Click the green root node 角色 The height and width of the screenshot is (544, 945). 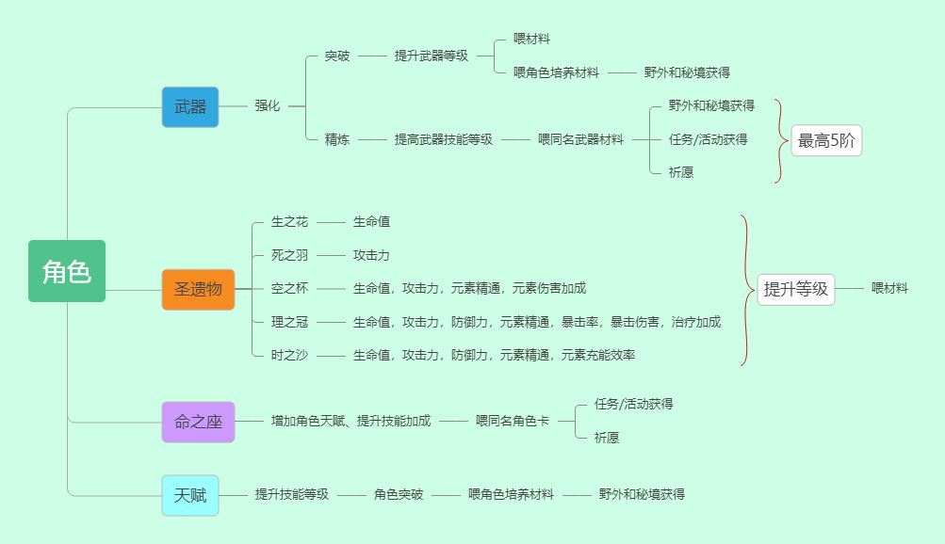pos(66,271)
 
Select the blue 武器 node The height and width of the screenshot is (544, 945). pos(189,106)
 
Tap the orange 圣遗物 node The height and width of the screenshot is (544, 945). pos(197,289)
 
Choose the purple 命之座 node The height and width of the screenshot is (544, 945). pos(198,422)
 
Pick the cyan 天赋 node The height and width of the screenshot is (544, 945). pos(189,494)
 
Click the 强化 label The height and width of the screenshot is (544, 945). pos(267,106)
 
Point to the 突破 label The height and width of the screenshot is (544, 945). pos(337,56)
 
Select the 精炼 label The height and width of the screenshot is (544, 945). pos(337,139)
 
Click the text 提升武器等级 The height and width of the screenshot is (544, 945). pos(431,56)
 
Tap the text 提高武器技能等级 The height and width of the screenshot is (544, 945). pos(443,139)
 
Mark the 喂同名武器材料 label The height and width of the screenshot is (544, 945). pos(580,139)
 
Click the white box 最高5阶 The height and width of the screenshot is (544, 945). pos(825,141)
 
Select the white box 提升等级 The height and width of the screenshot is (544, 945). pos(795,289)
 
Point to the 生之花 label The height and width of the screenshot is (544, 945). pos(289,222)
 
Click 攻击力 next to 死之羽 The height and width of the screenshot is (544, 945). pos(371,255)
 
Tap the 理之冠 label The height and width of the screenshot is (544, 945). pos(289,322)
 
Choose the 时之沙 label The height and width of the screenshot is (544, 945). pos(289,355)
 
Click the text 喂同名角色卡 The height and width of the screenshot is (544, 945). pos(512,421)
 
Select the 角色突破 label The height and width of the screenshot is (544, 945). pos(398,494)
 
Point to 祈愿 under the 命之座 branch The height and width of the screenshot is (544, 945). pos(607,438)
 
